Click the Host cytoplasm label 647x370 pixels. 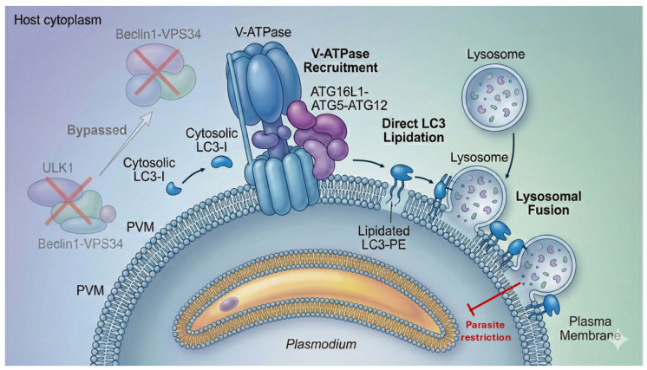58,20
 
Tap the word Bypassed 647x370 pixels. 97,130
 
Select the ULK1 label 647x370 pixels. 58,168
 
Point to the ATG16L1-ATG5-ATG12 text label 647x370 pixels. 349,98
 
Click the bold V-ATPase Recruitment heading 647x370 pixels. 341,60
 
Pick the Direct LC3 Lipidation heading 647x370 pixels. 414,130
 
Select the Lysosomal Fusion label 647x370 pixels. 548,203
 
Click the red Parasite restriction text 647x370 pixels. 486,331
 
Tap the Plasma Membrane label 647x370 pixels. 590,328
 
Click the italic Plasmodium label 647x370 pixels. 321,344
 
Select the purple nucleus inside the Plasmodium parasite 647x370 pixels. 229,303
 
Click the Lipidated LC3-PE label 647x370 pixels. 383,237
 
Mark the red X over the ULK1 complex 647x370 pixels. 69,200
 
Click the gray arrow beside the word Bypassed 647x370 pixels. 126,143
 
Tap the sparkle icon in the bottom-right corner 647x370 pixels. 619,339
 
